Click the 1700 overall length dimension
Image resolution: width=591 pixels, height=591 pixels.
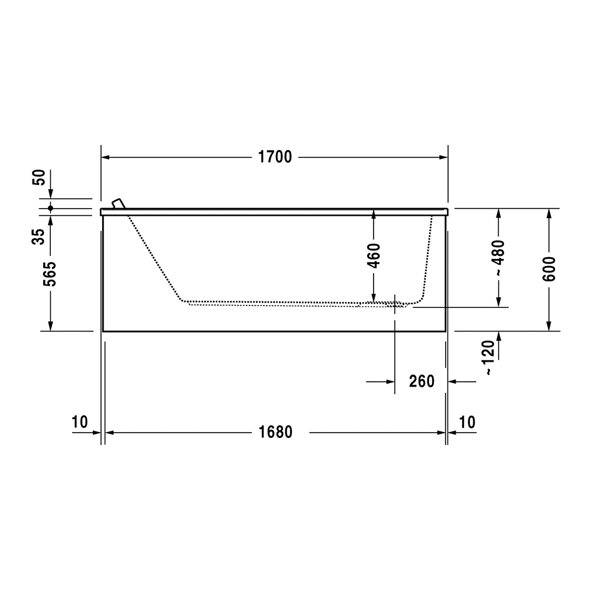(275, 157)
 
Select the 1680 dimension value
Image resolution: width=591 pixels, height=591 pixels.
(275, 433)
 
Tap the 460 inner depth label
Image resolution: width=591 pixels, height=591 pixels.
(374, 256)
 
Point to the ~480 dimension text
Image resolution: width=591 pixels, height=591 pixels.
(498, 258)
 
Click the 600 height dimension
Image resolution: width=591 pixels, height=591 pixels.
(549, 269)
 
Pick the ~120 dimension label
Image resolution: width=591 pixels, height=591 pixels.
(489, 358)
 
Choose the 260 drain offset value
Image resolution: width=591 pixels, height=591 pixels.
(422, 381)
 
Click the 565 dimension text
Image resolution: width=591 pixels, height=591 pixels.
(50, 274)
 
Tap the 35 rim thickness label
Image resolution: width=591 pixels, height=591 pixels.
(38, 237)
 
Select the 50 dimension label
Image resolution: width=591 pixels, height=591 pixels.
(39, 177)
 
